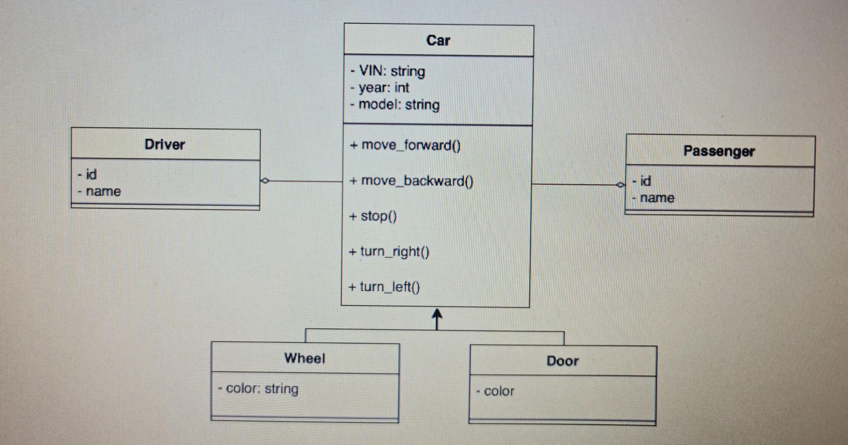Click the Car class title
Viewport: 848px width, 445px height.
point(438,41)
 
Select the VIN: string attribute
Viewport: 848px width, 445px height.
point(388,71)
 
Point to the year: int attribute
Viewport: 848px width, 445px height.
point(380,88)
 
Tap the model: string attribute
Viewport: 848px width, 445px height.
point(395,105)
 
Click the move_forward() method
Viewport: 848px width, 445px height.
point(405,146)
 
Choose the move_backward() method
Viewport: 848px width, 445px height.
point(411,181)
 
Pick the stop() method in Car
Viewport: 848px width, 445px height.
point(373,216)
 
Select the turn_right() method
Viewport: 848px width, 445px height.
point(389,252)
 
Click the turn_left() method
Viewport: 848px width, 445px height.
point(384,287)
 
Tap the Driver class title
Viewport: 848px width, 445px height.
point(165,145)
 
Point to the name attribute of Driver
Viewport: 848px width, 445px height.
point(99,192)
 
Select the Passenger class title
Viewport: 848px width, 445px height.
point(719,151)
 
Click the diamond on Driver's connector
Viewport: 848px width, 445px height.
point(265,180)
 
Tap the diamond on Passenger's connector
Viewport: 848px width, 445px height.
point(621,184)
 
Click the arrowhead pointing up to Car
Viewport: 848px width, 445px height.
point(437,315)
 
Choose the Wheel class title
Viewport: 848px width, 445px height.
point(305,358)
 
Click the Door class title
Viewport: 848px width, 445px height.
point(562,361)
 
